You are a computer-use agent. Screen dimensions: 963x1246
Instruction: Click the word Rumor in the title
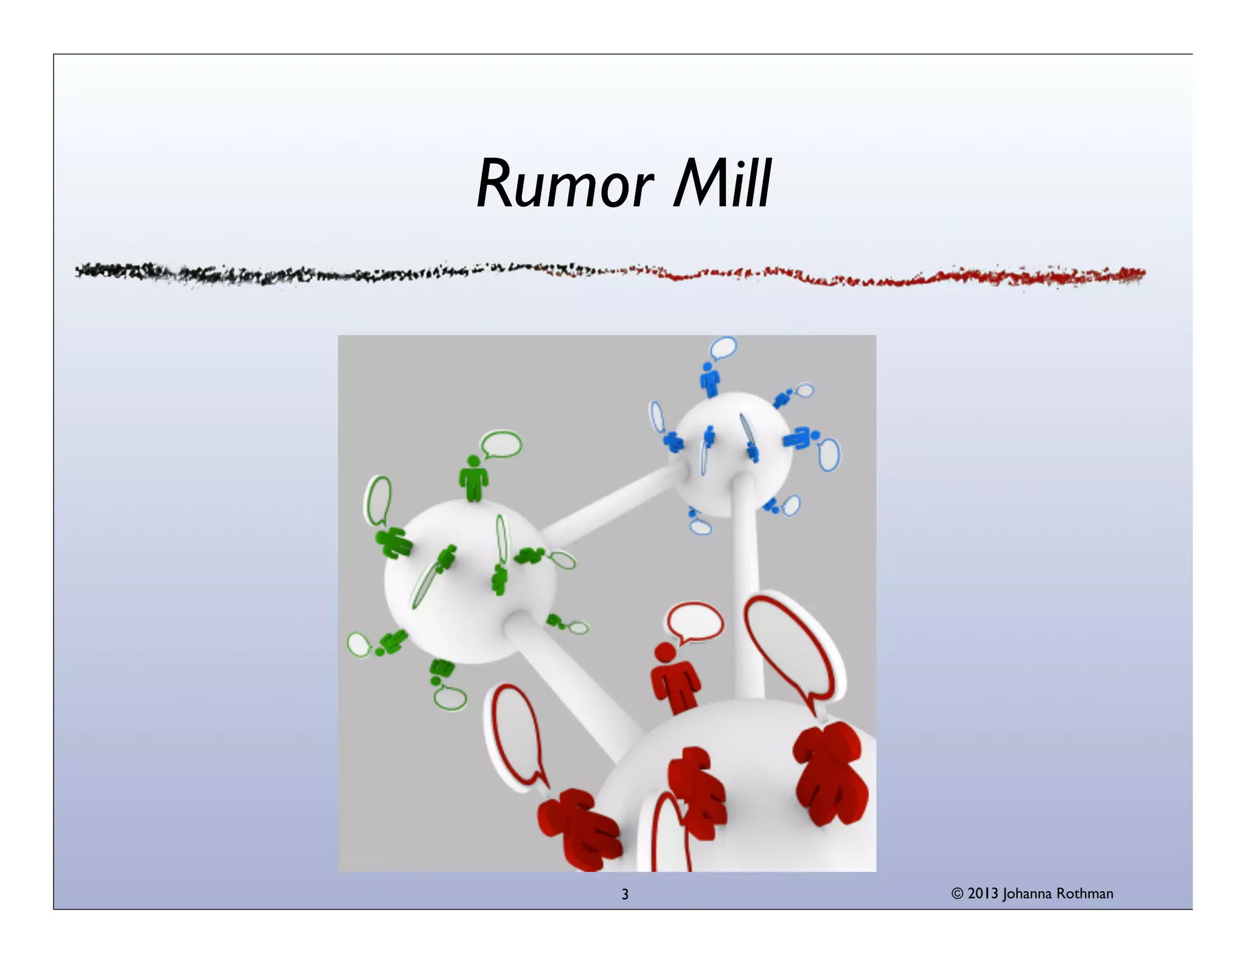[565, 184]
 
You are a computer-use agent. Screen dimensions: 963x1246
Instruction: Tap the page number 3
[625, 894]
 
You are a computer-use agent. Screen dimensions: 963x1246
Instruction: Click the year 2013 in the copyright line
[983, 894]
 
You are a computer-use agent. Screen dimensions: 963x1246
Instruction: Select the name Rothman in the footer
[1084, 894]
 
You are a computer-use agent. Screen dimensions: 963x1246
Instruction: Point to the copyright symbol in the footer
[957, 894]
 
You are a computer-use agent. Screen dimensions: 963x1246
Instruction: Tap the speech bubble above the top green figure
[502, 444]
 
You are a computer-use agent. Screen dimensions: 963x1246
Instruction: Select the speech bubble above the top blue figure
[723, 348]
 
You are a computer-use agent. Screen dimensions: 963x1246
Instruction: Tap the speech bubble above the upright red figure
[695, 622]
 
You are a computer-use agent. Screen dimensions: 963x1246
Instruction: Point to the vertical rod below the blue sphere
[746, 584]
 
